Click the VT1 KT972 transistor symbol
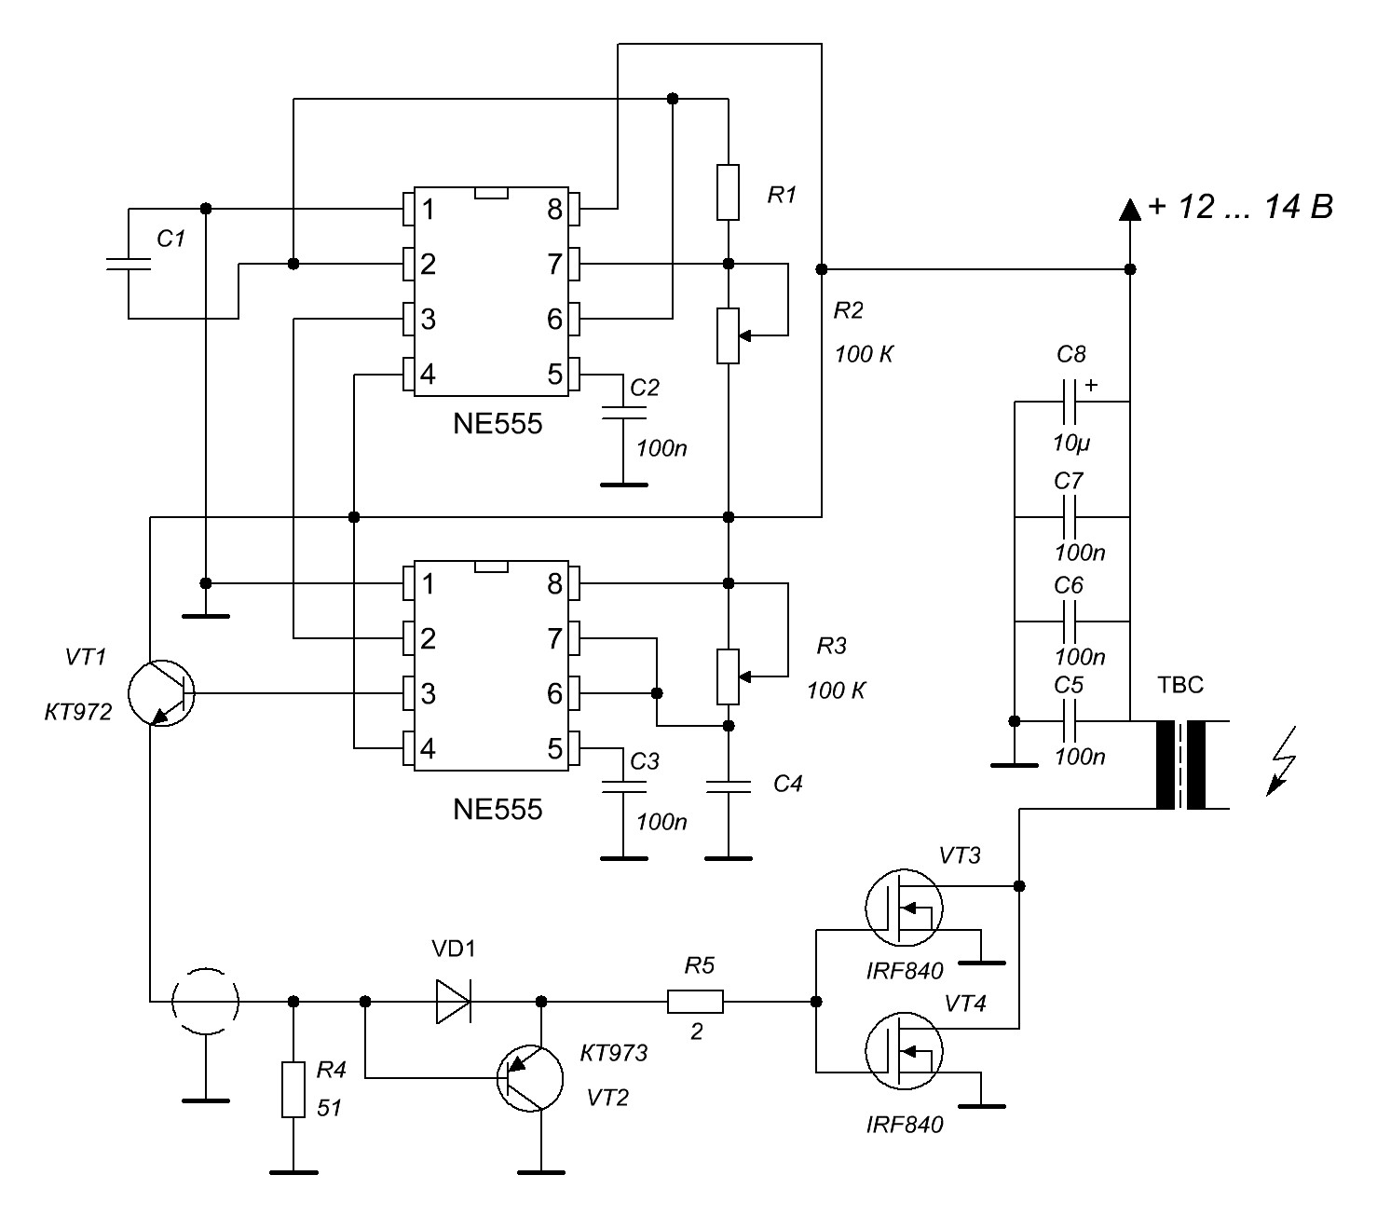click(x=161, y=693)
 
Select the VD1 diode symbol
click(x=454, y=1002)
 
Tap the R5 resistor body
click(x=695, y=1002)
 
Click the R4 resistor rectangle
click(x=293, y=1088)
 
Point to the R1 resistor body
click(x=729, y=192)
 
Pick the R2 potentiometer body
click(x=729, y=335)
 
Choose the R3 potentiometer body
click(x=729, y=677)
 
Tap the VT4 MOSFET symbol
click(x=903, y=1050)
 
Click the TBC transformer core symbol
click(x=1180, y=765)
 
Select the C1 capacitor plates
click(x=128, y=264)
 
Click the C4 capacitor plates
click(x=729, y=787)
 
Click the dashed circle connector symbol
click(x=206, y=1002)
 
